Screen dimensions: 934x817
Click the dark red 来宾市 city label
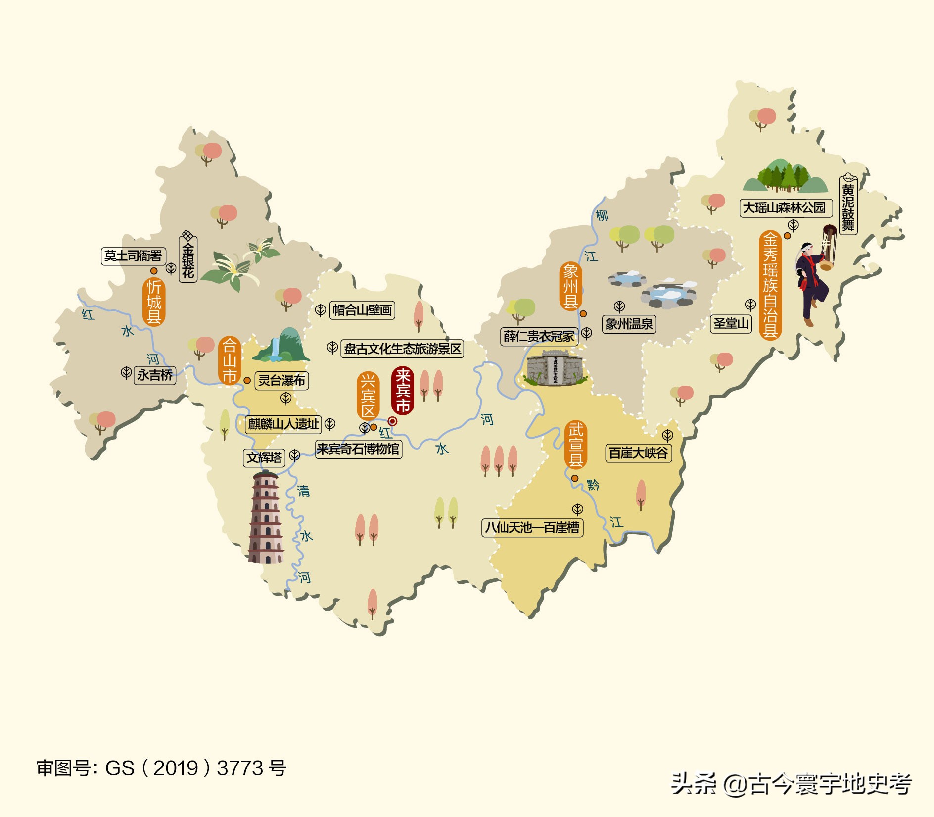403,391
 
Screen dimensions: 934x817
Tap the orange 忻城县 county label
154,301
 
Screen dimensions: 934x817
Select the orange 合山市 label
229,360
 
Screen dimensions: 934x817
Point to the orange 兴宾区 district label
368,396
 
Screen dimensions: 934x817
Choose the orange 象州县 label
570,286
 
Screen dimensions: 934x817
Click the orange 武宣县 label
575,444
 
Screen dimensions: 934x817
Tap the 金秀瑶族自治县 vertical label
770,285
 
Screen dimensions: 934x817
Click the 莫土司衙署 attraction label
133,256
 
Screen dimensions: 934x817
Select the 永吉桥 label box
155,375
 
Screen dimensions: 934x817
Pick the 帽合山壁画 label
362,310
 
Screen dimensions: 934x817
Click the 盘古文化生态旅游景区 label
402,349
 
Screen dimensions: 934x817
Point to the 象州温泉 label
629,324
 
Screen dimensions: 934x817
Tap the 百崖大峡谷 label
638,453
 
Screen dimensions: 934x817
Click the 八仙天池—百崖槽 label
532,527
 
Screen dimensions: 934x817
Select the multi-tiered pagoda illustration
266,517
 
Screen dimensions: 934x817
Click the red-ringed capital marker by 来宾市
392,421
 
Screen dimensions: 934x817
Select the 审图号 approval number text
161,768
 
